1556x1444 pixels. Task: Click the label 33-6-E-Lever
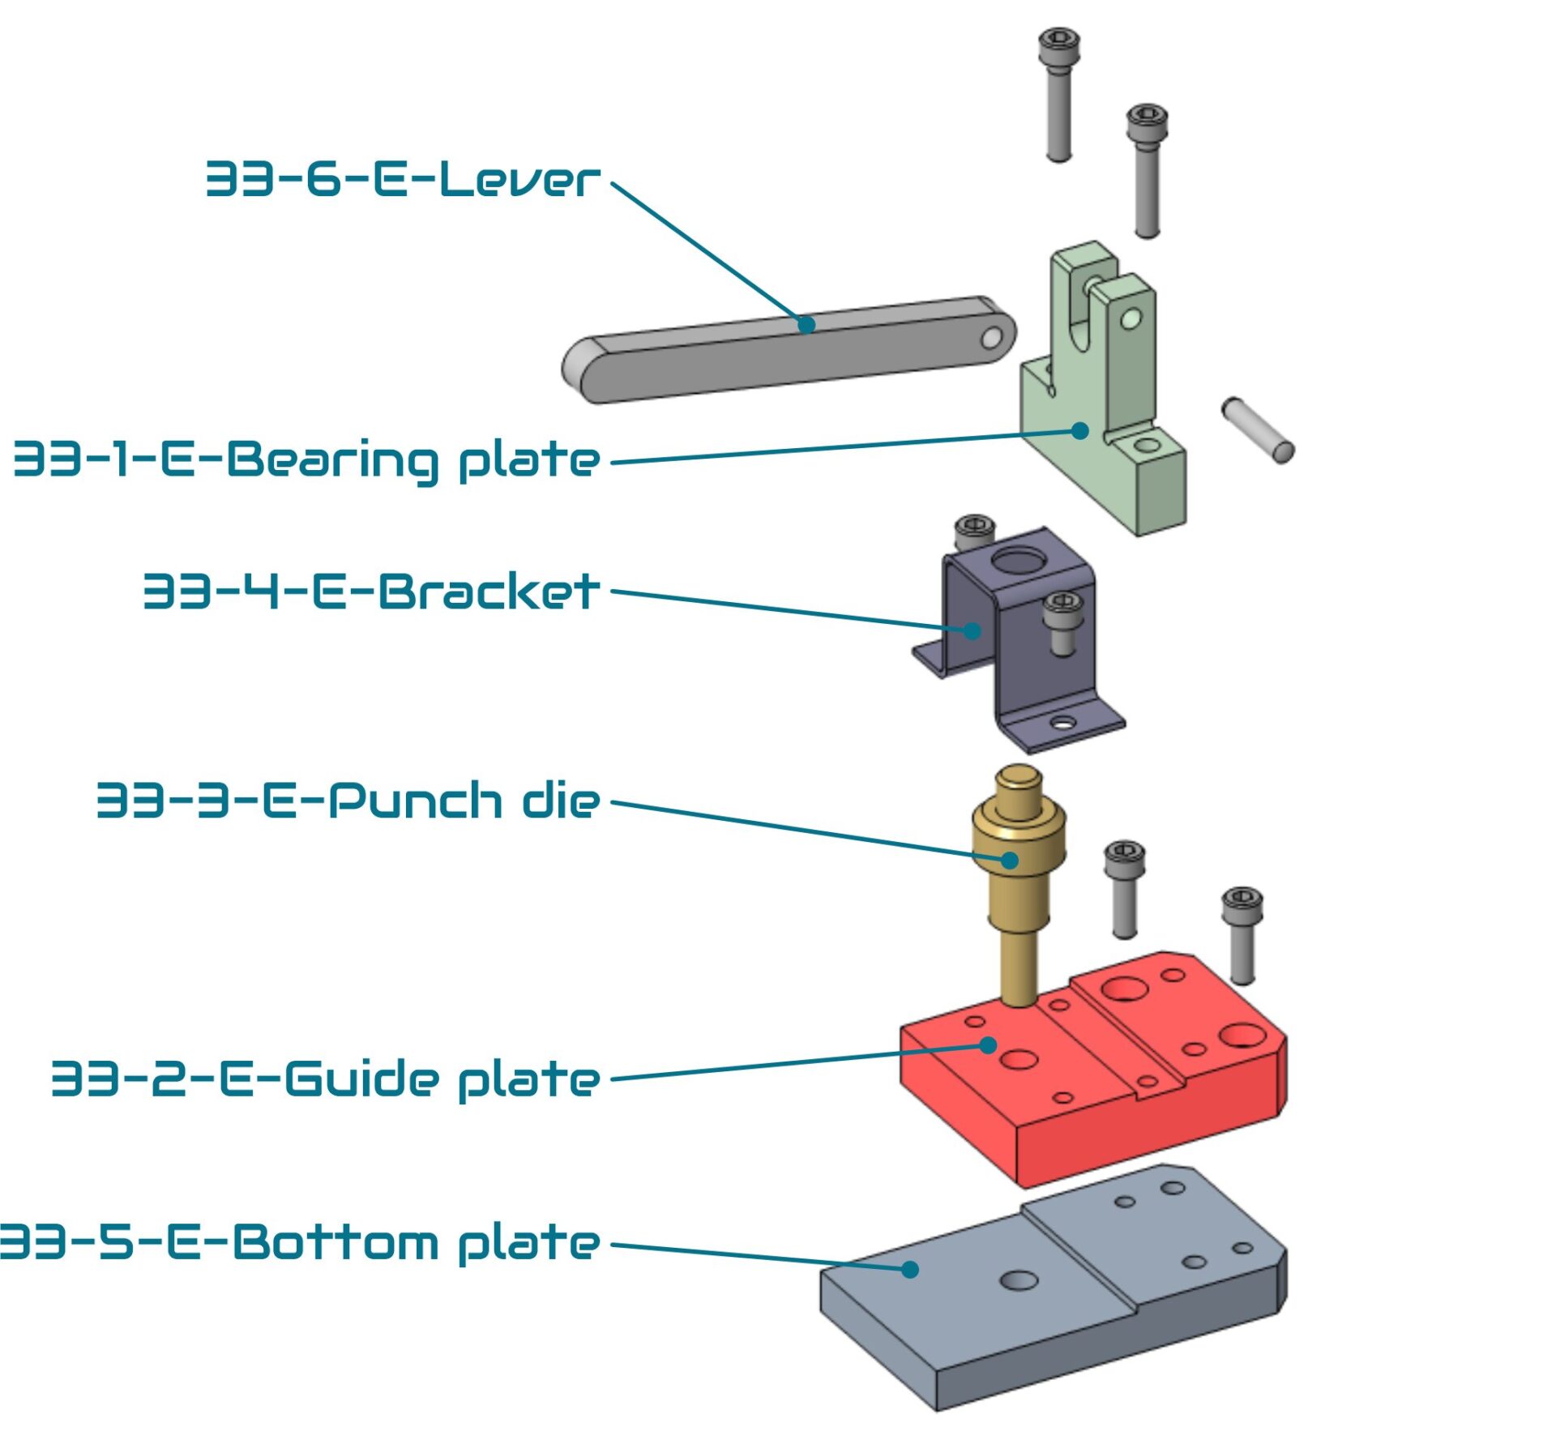402,179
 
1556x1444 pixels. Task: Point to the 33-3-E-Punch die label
348,801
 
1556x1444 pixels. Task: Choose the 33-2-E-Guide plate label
326,1079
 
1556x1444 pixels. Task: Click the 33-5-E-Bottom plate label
300,1242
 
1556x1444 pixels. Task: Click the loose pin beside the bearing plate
1257,429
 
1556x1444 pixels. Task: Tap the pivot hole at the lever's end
991,337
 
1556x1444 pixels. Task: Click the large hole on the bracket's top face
1018,561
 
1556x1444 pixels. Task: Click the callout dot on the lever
806,325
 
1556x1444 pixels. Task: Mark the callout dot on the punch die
1010,860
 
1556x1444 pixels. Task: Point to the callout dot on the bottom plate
910,1269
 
